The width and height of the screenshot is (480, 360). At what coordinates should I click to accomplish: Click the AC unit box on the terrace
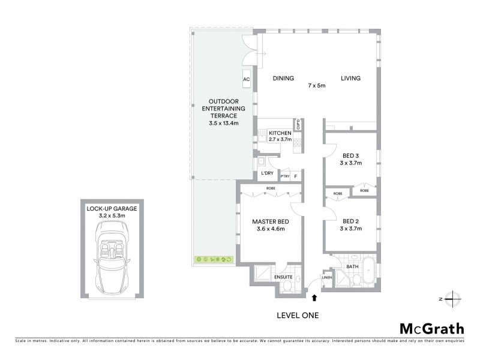pyautogui.click(x=246, y=79)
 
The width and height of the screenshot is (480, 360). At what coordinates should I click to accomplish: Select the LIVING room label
pyautogui.click(x=351, y=78)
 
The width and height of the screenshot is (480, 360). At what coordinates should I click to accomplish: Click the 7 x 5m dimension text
pyautogui.click(x=316, y=86)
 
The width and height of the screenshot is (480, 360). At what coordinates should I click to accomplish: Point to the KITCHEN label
pyautogui.click(x=280, y=133)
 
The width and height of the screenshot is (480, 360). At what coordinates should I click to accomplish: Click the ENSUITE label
pyautogui.click(x=283, y=277)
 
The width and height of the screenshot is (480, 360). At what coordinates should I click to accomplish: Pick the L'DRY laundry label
pyautogui.click(x=267, y=174)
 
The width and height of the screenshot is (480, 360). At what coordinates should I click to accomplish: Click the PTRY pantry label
pyautogui.click(x=285, y=176)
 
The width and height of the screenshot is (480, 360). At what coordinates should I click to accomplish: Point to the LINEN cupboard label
pyautogui.click(x=327, y=278)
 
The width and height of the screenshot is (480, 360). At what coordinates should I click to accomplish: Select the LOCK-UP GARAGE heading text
pyautogui.click(x=112, y=208)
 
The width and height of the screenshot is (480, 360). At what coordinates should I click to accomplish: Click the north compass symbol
pyautogui.click(x=454, y=298)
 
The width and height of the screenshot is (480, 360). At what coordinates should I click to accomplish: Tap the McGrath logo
pyautogui.click(x=432, y=328)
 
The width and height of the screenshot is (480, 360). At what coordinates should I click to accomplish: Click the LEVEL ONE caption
pyautogui.click(x=298, y=315)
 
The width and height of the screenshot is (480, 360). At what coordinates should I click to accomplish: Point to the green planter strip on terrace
pyautogui.click(x=214, y=260)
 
